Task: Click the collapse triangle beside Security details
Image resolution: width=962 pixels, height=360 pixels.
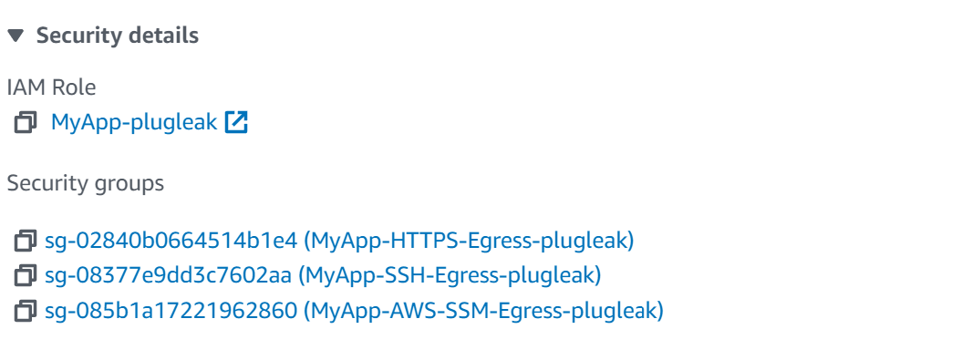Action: (16, 36)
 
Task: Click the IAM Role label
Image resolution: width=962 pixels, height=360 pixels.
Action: (51, 87)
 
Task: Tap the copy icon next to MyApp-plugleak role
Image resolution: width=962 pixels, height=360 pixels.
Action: (26, 121)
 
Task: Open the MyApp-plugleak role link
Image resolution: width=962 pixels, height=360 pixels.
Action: (134, 121)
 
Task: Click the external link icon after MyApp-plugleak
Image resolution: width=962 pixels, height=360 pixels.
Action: (236, 121)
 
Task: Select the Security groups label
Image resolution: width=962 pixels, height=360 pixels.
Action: (86, 183)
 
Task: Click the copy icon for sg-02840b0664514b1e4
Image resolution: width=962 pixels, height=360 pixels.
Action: (26, 242)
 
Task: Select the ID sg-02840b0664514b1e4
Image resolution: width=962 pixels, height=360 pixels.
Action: (171, 242)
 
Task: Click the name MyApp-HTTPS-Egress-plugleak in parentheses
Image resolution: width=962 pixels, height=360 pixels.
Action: (469, 242)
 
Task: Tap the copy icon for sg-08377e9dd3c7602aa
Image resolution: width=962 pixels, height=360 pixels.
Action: (26, 275)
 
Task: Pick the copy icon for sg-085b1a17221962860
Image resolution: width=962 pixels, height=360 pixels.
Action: (26, 311)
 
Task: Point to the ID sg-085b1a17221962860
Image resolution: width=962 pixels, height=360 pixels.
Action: (171, 311)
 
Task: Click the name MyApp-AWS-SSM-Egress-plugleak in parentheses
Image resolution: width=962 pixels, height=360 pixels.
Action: (483, 311)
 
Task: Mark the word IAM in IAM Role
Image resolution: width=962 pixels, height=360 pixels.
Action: (25, 87)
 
